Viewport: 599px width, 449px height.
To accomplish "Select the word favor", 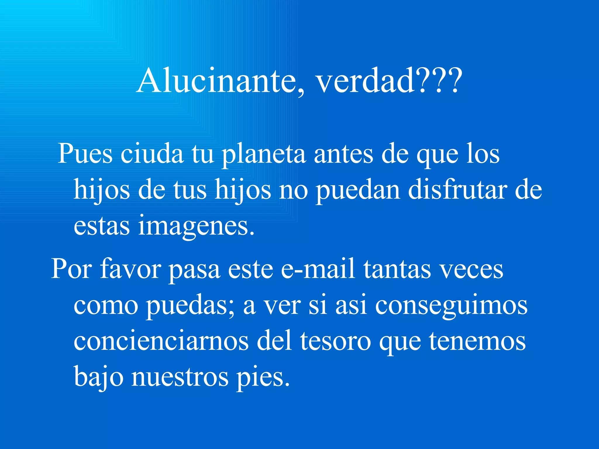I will [130, 269].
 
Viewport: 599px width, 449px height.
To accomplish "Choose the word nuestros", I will [180, 377].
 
